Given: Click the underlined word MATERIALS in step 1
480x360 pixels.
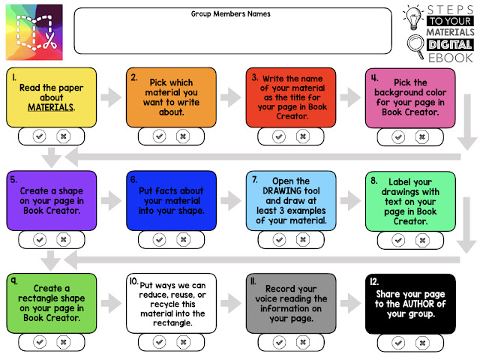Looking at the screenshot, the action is tap(52, 108).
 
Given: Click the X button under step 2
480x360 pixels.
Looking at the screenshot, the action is tap(182, 136).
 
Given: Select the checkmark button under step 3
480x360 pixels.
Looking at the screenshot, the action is tap(279, 136).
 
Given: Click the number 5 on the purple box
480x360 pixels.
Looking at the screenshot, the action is tap(13, 180).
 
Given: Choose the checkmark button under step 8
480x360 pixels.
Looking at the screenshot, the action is tap(399, 239).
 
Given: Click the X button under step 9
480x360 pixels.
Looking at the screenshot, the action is tap(63, 342).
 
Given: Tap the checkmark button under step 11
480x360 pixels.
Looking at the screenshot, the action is tap(279, 342).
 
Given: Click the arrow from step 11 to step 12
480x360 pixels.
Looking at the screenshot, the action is tap(349, 301).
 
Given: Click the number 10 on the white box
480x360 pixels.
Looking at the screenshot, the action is tap(134, 282).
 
